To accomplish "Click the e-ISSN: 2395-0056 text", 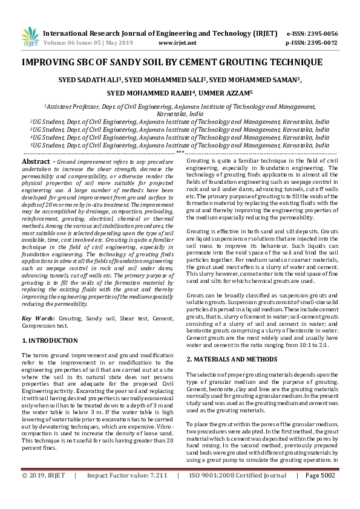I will [x=320, y=33].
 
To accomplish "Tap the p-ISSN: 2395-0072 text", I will [x=320, y=44].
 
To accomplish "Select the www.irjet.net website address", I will [x=177, y=44].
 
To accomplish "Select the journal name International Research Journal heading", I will [x=126, y=33].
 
